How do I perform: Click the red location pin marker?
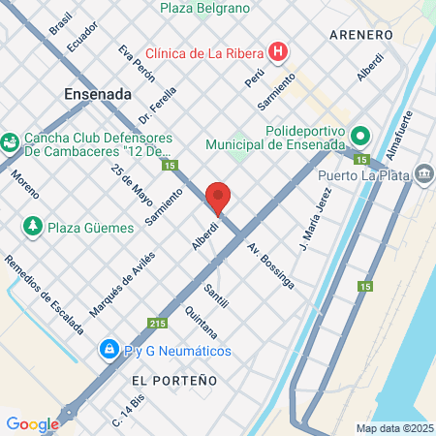click(x=218, y=198)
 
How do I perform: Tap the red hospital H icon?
click(x=279, y=51)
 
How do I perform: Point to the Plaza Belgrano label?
click(x=204, y=8)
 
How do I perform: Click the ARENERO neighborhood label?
click(x=360, y=35)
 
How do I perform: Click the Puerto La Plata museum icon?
click(x=424, y=174)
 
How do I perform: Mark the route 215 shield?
click(x=158, y=324)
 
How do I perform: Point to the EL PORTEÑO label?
click(x=174, y=381)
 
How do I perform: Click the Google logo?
click(x=32, y=423)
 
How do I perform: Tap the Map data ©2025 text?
click(x=392, y=428)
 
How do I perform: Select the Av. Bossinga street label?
click(x=270, y=265)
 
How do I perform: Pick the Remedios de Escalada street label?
click(x=44, y=295)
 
